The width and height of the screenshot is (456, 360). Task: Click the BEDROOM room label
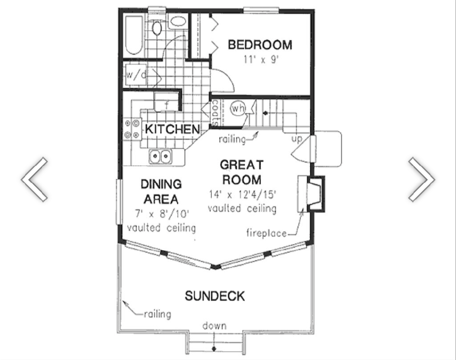(x=260, y=45)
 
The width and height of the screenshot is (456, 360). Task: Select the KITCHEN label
(x=172, y=129)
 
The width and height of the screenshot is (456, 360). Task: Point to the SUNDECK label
(x=215, y=296)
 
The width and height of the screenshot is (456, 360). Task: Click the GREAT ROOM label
(x=242, y=172)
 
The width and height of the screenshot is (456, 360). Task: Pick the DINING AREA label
(x=161, y=192)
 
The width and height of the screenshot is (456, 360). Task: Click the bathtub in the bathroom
(x=134, y=35)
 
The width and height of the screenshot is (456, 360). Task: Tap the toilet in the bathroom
(x=157, y=27)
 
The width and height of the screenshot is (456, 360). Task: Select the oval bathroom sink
(x=178, y=21)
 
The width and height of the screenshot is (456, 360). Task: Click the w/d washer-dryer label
(x=136, y=75)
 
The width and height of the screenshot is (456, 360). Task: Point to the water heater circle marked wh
(x=238, y=108)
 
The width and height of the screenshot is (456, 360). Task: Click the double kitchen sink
(x=160, y=157)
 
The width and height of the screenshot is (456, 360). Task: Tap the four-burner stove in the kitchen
(x=132, y=129)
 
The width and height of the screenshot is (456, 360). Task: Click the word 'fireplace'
(x=266, y=233)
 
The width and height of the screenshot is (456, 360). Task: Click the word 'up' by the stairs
(x=297, y=139)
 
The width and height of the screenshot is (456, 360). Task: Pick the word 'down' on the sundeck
(x=214, y=326)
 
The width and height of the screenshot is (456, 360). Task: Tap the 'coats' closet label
(x=216, y=113)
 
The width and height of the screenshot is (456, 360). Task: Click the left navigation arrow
(x=34, y=179)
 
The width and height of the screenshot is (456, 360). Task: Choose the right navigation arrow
(x=422, y=179)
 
